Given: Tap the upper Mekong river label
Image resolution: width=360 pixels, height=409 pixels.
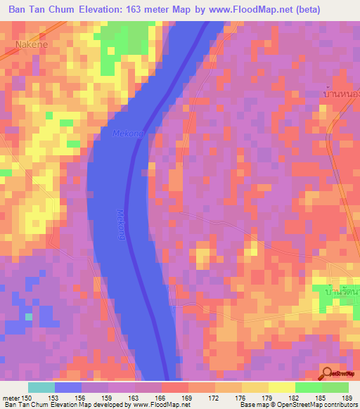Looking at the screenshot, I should [x=127, y=133].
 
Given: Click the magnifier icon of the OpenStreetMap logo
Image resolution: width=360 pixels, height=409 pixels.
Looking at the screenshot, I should [x=328, y=374].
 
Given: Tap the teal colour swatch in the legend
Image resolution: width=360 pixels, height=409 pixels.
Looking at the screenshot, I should [x=41, y=387].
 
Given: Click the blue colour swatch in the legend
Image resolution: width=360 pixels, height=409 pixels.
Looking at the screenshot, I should [x=67, y=387].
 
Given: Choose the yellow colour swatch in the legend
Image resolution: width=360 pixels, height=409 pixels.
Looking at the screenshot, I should [x=281, y=387].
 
